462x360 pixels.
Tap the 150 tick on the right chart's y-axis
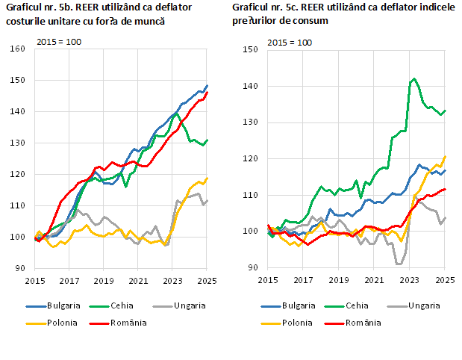[x=250, y=49]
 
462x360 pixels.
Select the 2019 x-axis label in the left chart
[x=104, y=281]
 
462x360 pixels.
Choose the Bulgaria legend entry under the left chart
[x=55, y=305]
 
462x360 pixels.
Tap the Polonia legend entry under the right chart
[x=294, y=323]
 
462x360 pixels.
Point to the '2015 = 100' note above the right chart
[x=290, y=42]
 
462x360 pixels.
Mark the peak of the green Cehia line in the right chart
[x=414, y=78]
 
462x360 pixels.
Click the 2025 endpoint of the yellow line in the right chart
[x=446, y=156]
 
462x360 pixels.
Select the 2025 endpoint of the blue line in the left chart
[x=207, y=86]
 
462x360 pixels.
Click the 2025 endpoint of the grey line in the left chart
[x=207, y=200]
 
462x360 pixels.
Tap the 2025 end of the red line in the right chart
[x=446, y=189]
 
